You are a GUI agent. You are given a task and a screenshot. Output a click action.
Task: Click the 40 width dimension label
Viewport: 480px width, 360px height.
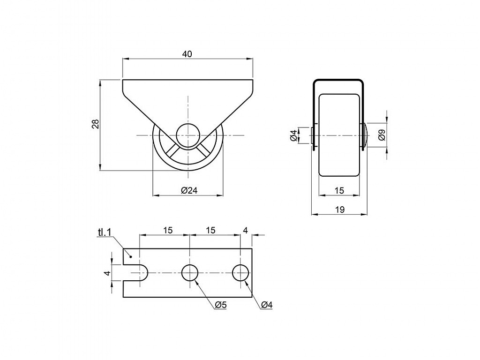pyautogui.click(x=187, y=54)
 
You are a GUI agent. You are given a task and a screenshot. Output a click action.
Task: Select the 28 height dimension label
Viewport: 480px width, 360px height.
pyautogui.click(x=96, y=124)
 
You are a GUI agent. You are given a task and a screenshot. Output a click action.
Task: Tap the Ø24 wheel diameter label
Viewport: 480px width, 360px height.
pyautogui.click(x=189, y=190)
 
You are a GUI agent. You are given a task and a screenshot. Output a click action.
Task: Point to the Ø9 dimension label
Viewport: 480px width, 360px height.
pyautogui.click(x=382, y=135)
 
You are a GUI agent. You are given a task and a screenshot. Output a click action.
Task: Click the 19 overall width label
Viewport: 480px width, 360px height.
pyautogui.click(x=340, y=210)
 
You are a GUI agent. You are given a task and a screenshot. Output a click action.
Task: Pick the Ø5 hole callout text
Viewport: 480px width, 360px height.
pyautogui.click(x=220, y=305)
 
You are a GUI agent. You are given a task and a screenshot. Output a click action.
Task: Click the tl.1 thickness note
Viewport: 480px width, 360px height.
pyautogui.click(x=104, y=232)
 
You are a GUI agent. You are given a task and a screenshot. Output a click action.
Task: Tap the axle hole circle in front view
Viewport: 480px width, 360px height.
pyautogui.click(x=188, y=135)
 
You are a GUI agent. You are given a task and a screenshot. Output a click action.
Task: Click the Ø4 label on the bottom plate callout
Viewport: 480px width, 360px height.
pyautogui.click(x=267, y=305)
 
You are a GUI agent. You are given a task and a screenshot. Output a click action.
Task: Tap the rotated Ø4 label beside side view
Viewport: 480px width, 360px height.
pyautogui.click(x=293, y=135)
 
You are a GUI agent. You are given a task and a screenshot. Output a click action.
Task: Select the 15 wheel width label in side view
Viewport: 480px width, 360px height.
pyautogui.click(x=339, y=190)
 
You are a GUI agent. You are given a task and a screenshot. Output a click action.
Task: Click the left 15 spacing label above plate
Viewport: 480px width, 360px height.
pyautogui.click(x=168, y=230)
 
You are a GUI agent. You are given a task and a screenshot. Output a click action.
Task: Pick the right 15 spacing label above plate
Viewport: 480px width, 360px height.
pyautogui.click(x=210, y=230)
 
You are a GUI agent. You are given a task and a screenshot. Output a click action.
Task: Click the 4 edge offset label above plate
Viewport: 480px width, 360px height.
pyautogui.click(x=246, y=230)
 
